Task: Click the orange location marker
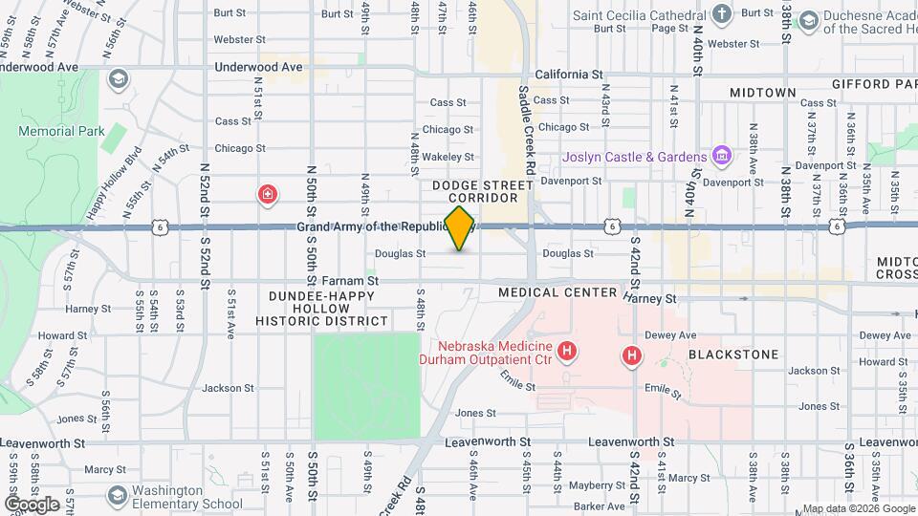pyautogui.click(x=460, y=227)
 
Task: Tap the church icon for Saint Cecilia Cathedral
pyautogui.click(x=722, y=13)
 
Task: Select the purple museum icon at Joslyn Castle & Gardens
pyautogui.click(x=722, y=156)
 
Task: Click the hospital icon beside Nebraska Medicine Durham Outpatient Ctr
pyautogui.click(x=567, y=353)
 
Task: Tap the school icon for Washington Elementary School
pyautogui.click(x=117, y=496)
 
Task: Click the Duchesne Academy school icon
pyautogui.click(x=808, y=20)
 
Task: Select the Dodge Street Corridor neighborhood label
pyautogui.click(x=482, y=191)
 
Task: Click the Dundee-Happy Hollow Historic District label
pyautogui.click(x=321, y=309)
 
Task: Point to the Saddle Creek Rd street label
pyautogui.click(x=525, y=124)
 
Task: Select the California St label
pyautogui.click(x=568, y=74)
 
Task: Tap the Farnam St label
pyautogui.click(x=351, y=281)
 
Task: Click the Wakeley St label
pyautogui.click(x=448, y=156)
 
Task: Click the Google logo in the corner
pyautogui.click(x=31, y=505)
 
